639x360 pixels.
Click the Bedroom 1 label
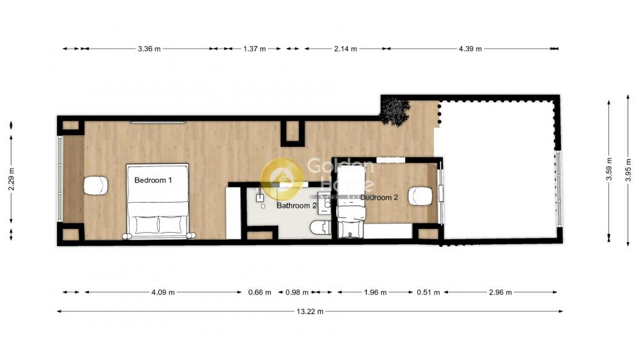[x=153, y=180]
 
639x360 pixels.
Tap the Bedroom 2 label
[x=379, y=198]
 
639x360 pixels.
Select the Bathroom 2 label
[x=296, y=205]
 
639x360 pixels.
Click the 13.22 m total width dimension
[x=310, y=311]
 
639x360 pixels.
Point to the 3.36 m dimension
[x=149, y=49]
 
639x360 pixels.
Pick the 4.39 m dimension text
[x=470, y=49]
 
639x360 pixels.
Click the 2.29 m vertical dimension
[x=12, y=179]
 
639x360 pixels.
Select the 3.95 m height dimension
[x=628, y=170]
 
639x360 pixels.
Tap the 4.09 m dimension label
[x=163, y=292]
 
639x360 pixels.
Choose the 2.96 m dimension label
[x=500, y=292]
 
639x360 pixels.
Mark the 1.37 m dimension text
[x=254, y=49]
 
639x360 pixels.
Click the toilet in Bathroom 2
[x=321, y=228]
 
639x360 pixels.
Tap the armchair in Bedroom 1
[x=96, y=185]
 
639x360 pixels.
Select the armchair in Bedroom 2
[x=420, y=196]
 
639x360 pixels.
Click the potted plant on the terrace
[x=395, y=111]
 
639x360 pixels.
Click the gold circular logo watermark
[x=282, y=179]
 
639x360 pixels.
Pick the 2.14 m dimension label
[x=346, y=49]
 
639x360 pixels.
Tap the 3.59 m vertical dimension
[x=609, y=169]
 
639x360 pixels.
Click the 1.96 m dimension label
[x=375, y=292]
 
